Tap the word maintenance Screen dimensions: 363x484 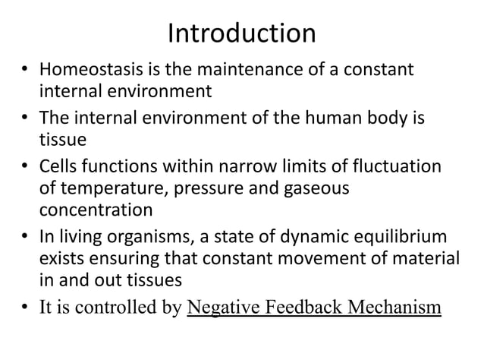229,72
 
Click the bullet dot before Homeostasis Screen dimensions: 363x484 24,73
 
